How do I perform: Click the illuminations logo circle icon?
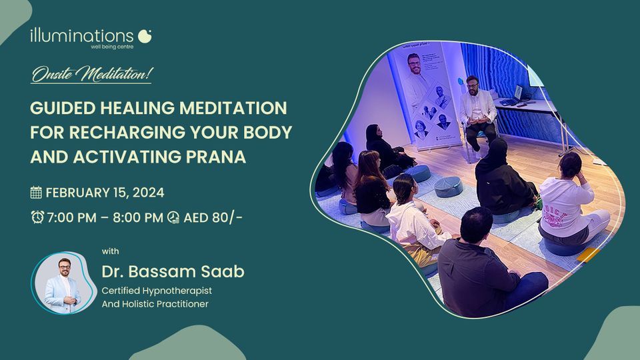[145, 36]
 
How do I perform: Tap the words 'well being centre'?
[112, 47]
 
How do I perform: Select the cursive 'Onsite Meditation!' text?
[92, 74]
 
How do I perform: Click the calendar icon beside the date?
[36, 192]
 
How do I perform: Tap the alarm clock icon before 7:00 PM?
[37, 217]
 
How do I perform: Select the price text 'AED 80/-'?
[213, 217]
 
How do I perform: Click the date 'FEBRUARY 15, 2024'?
[105, 193]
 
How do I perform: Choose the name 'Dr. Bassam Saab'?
[173, 271]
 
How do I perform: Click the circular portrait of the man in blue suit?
[63, 283]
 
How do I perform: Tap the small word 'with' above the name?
[110, 251]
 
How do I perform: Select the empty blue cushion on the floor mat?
[448, 187]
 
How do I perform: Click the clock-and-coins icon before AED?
[173, 217]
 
